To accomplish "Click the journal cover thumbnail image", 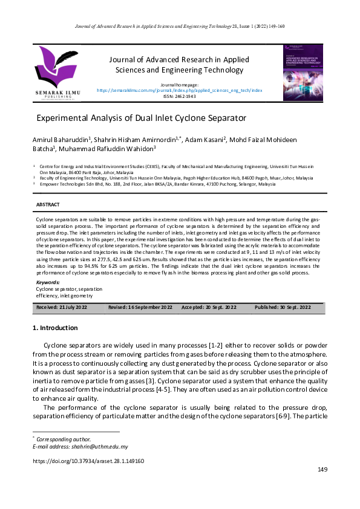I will click(303, 72).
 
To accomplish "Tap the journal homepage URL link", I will click(180, 89).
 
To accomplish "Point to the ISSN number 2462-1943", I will click(180, 96).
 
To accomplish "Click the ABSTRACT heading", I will click(48, 205).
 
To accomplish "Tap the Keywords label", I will click(48, 282).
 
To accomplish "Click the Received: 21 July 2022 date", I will click(62, 308).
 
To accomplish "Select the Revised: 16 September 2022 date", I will click(140, 308).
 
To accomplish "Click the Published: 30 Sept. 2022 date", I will click(283, 308).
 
